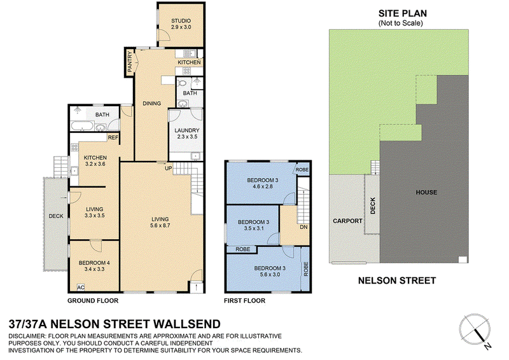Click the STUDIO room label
tap(181, 21)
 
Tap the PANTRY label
tap(130, 62)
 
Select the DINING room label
tap(152, 104)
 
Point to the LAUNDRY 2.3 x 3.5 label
tap(187, 134)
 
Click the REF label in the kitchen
tap(113, 137)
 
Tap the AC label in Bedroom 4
tap(81, 287)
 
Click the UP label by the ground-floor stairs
tap(169, 169)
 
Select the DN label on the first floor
tap(303, 227)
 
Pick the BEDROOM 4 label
tap(94, 263)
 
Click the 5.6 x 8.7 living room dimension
tap(160, 225)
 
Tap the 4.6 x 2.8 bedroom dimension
tap(263, 186)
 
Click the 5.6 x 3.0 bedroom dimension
tap(270, 274)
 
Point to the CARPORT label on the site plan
tap(347, 221)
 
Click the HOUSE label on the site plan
tap(426, 192)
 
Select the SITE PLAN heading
tap(403, 13)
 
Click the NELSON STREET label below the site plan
tap(397, 280)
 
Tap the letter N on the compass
tap(487, 346)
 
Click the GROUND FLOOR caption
tap(93, 301)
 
